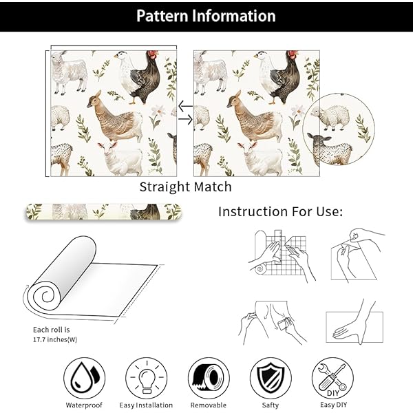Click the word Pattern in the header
point(162,16)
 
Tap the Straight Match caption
point(185,187)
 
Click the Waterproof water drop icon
point(84,378)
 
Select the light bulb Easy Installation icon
point(147,378)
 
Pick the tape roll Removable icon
point(209,378)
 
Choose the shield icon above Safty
point(271,378)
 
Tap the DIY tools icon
point(332,378)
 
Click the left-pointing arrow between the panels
point(185,107)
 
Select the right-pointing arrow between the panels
point(185,120)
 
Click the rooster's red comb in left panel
point(153,54)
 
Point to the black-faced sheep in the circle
point(330,149)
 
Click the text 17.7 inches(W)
point(55,339)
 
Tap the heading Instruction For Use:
point(281,211)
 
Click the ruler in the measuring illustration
point(278,247)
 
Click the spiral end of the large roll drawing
point(47,296)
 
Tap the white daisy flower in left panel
point(158,111)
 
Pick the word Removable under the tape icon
point(209,405)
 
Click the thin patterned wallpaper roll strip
point(103,212)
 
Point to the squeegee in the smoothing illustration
point(284,324)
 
